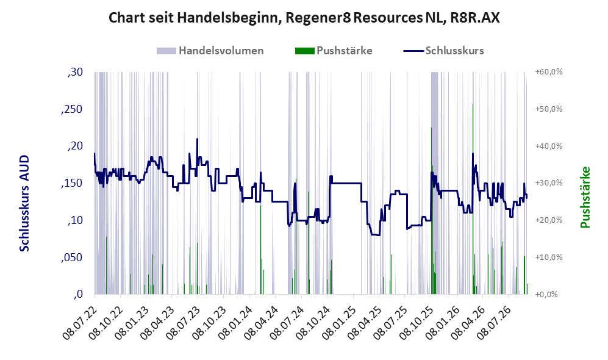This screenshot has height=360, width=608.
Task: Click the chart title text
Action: coord(304,18)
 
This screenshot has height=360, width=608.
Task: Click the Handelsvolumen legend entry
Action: coord(210,51)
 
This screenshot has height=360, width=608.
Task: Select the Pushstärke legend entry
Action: coord(334,51)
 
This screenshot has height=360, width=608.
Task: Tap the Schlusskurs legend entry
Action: coord(443,51)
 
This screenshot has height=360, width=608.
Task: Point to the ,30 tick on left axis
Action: coord(75,72)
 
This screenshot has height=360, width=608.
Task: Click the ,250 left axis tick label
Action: coord(72,109)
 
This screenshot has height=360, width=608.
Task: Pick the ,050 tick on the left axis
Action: coord(72,257)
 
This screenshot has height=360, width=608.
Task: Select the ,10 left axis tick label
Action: coord(75,221)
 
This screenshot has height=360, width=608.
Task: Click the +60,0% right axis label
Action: coord(549,72)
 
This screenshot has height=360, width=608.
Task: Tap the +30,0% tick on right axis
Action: coord(549,182)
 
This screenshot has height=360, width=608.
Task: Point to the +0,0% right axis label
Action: coord(546,294)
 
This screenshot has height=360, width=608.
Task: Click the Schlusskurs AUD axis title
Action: coord(24,203)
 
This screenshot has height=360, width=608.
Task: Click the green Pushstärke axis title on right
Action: coord(585,197)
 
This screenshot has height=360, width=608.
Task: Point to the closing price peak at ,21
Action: coord(197,139)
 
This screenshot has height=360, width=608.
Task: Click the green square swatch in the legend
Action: coord(304,51)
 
